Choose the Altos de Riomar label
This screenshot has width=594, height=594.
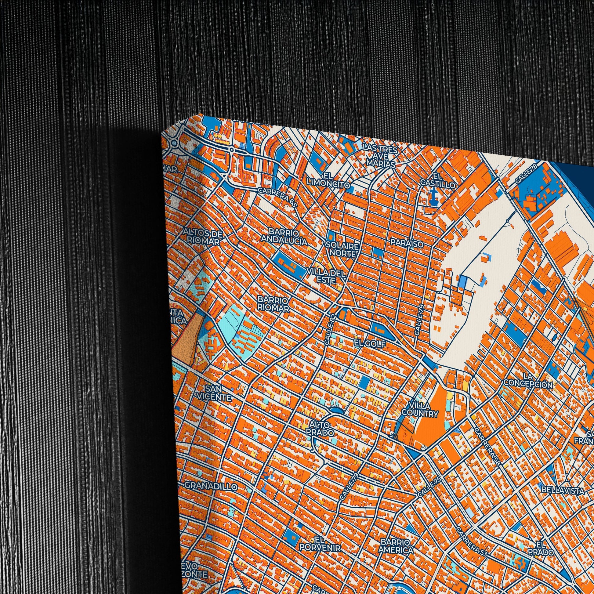click(x=202, y=237)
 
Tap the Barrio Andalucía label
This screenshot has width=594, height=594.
click(x=284, y=236)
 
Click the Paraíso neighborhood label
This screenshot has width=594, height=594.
click(x=407, y=243)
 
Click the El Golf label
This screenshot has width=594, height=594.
click(x=370, y=344)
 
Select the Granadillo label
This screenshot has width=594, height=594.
click(x=211, y=486)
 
